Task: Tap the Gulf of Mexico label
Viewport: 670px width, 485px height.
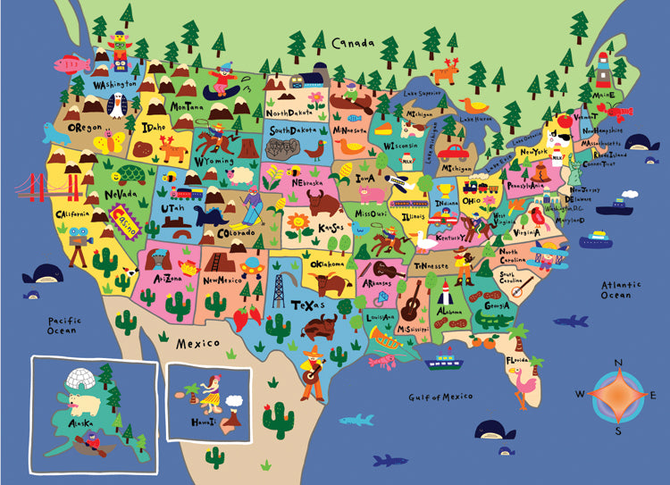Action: click(x=440, y=396)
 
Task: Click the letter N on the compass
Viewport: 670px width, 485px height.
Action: click(x=617, y=361)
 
